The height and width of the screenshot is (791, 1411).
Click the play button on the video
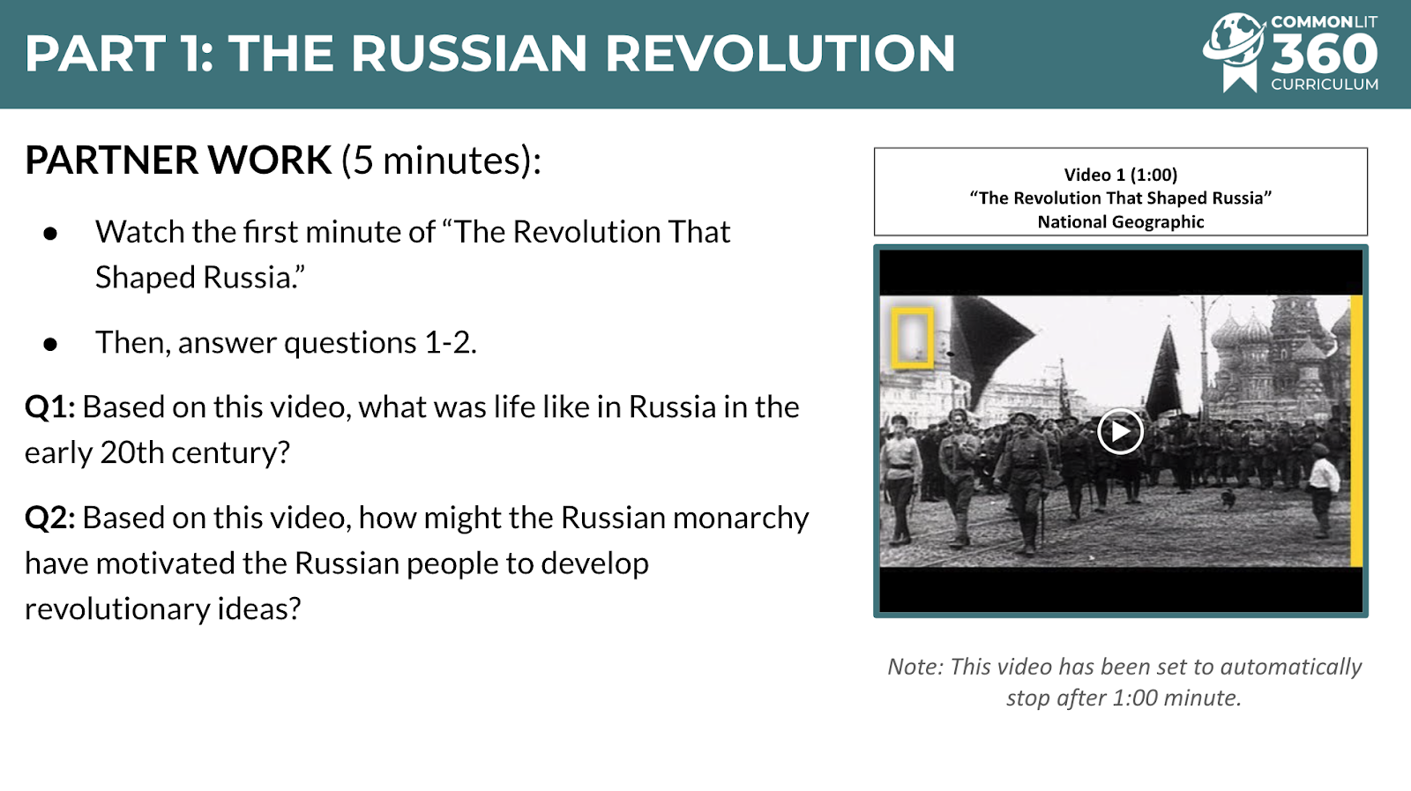coord(1120,431)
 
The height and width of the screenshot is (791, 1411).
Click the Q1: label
coord(50,407)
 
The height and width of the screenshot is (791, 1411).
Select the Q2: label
coord(50,518)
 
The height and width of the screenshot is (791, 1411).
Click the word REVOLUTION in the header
coord(780,53)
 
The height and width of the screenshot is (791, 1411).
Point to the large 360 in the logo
coord(1324,54)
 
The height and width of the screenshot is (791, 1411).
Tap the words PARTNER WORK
coord(177,160)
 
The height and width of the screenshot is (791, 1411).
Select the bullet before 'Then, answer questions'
coord(50,344)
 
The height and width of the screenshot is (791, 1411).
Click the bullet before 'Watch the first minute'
coord(50,234)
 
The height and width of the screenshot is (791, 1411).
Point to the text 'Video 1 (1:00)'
coord(1121,175)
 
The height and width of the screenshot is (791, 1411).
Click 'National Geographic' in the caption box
coord(1121,221)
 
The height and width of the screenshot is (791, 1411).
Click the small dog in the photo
coord(1228,499)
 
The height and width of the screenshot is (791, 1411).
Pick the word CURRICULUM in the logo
coord(1324,85)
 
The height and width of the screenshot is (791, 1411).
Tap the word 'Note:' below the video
coord(915,667)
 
